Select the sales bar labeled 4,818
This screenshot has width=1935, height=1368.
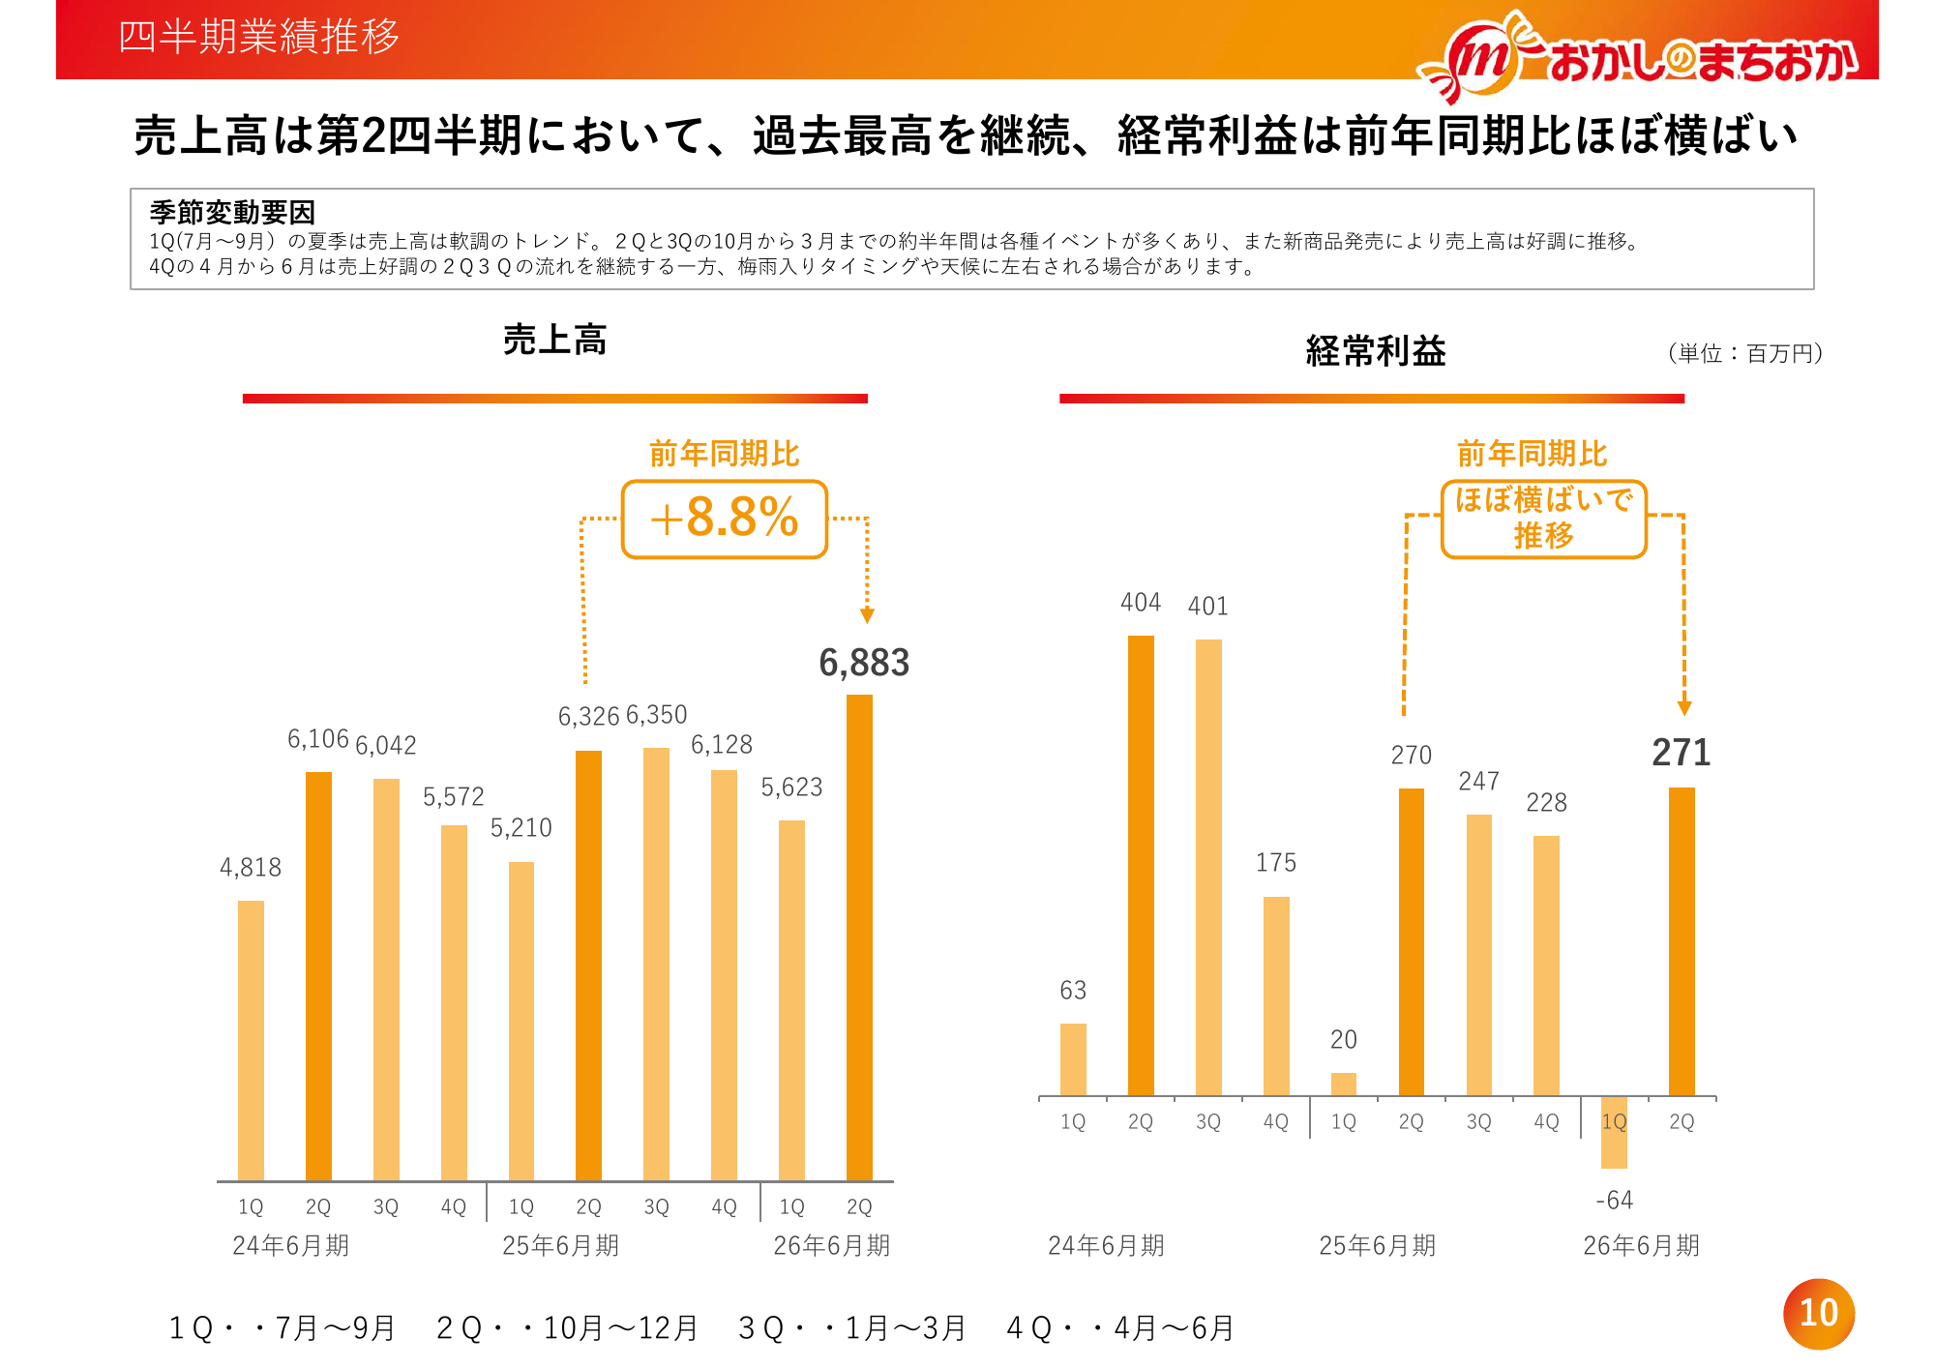pyautogui.click(x=251, y=1040)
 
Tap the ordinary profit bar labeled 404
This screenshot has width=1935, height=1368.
pyautogui.click(x=1141, y=865)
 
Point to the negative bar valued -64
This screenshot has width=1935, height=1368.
pyautogui.click(x=1614, y=1133)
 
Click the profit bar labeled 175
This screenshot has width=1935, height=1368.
pyautogui.click(x=1276, y=996)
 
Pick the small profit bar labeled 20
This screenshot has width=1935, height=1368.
pyautogui.click(x=1344, y=1084)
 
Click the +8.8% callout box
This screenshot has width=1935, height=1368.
pyautogui.click(x=725, y=520)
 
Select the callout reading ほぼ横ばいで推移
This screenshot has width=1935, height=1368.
pyautogui.click(x=1543, y=520)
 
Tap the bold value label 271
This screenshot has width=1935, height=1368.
pyautogui.click(x=1681, y=753)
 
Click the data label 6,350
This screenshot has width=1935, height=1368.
pyautogui.click(x=656, y=715)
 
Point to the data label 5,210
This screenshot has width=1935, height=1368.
pyautogui.click(x=521, y=828)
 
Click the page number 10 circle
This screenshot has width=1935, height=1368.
pyautogui.click(x=1818, y=1313)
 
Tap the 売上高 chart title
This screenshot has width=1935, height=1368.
pyautogui.click(x=554, y=340)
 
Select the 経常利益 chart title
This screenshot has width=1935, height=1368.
pyautogui.click(x=1375, y=350)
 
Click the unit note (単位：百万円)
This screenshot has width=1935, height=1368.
pyautogui.click(x=1745, y=353)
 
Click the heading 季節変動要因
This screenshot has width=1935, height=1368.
pyautogui.click(x=232, y=212)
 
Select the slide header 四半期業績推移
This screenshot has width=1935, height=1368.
pyautogui.click(x=258, y=37)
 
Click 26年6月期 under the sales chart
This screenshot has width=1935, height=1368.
pyautogui.click(x=831, y=1245)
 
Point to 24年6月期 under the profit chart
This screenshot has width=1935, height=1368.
pyautogui.click(x=1106, y=1245)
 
